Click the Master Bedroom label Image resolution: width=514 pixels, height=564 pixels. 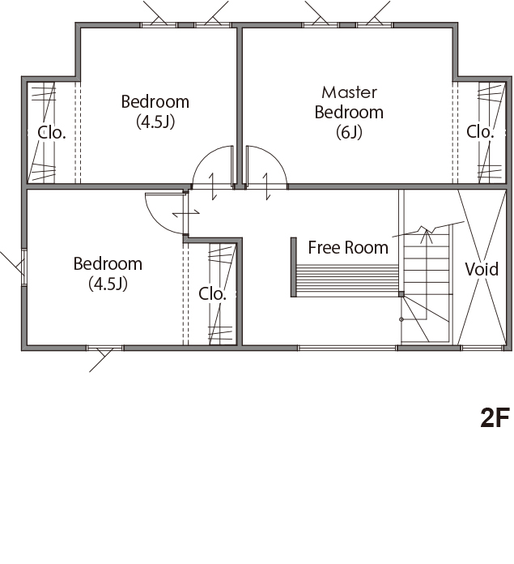click(349, 102)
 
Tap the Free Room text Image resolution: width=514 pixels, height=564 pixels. click(348, 247)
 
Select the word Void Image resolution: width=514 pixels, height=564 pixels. click(482, 269)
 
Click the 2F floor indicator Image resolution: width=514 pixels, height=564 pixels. click(495, 417)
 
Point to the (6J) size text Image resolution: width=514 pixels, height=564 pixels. click(349, 132)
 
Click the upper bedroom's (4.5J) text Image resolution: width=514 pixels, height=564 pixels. click(155, 122)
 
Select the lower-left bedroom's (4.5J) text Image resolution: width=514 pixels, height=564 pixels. click(108, 284)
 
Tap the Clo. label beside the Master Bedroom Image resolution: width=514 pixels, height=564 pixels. click(480, 131)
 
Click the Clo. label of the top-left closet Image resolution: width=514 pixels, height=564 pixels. click(52, 132)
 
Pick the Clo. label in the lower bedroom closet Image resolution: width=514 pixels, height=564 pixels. click(212, 294)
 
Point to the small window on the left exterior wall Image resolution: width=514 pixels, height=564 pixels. click(23, 267)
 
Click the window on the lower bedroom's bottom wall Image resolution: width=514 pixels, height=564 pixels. click(104, 348)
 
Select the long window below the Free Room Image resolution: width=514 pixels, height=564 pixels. click(347, 348)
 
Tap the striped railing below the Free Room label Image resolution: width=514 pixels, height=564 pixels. click(346, 280)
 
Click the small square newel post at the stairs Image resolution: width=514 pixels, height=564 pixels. click(401, 294)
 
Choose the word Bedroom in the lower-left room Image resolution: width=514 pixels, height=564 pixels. click(108, 263)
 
